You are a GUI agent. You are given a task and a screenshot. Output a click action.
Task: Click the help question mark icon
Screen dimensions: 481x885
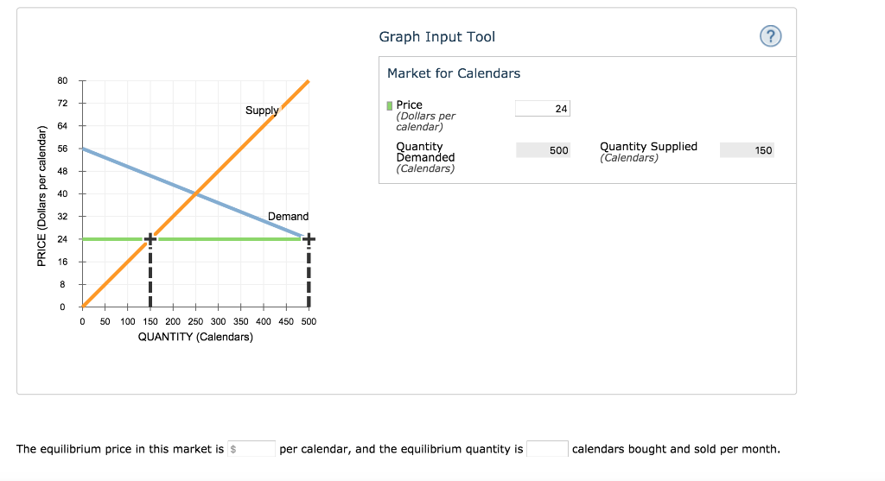pyautogui.click(x=770, y=36)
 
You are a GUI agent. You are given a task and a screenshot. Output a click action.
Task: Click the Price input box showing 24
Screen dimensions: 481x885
pyautogui.click(x=542, y=108)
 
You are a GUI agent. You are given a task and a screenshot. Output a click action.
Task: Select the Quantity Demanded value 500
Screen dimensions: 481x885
pyautogui.click(x=543, y=150)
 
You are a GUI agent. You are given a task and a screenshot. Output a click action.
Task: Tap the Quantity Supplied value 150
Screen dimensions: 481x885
pyautogui.click(x=747, y=150)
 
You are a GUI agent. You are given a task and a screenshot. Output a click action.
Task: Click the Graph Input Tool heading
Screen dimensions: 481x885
pyautogui.click(x=436, y=36)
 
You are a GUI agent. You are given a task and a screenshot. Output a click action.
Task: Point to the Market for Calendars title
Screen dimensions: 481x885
pyautogui.click(x=454, y=73)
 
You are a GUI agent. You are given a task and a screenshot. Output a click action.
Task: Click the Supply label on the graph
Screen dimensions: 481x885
pyautogui.click(x=262, y=111)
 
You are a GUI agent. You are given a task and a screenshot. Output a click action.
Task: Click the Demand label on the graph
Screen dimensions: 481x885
pyautogui.click(x=288, y=216)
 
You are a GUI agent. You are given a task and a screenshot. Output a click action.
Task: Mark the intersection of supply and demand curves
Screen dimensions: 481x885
pyautogui.click(x=196, y=193)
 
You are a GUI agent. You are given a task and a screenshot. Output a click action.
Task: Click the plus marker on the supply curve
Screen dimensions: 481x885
pyautogui.click(x=150, y=238)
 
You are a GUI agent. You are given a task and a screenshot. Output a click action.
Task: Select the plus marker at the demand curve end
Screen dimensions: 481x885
pyautogui.click(x=309, y=238)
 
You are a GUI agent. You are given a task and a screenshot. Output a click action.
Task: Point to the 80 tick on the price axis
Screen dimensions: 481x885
pyautogui.click(x=62, y=81)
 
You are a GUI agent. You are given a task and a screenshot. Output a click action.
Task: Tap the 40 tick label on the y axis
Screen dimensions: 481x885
pyautogui.click(x=62, y=193)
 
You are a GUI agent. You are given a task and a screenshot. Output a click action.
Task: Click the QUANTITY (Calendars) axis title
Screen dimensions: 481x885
pyautogui.click(x=195, y=337)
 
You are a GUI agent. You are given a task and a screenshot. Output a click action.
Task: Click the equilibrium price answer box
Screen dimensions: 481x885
pyautogui.click(x=251, y=449)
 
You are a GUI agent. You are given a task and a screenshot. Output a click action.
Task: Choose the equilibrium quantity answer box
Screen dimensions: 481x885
pyautogui.click(x=547, y=449)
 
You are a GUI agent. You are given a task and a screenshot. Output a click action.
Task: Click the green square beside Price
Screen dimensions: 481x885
pyautogui.click(x=390, y=105)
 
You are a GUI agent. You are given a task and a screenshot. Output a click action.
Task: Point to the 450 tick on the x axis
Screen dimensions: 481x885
pyautogui.click(x=286, y=321)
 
